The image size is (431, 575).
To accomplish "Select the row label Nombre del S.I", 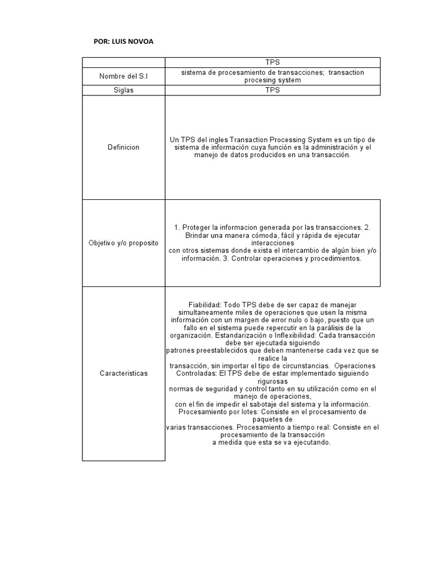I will click(x=123, y=76).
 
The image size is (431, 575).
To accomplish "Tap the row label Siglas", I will click(x=123, y=90).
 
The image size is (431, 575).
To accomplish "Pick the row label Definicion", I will click(x=123, y=147).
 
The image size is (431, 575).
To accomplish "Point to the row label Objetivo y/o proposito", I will click(x=123, y=243).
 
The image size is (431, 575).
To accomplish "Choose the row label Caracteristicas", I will click(x=123, y=373).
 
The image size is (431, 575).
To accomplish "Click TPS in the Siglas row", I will click(x=273, y=90).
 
